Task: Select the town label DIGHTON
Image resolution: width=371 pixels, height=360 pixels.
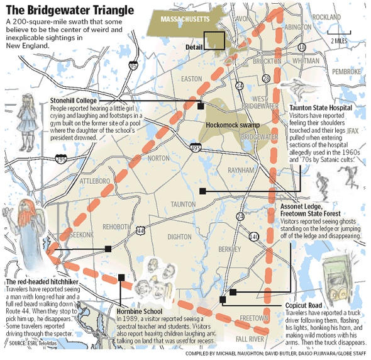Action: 180,237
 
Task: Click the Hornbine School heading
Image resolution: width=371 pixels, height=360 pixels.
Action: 140,311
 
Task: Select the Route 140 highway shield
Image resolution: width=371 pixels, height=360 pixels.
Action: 253,236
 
